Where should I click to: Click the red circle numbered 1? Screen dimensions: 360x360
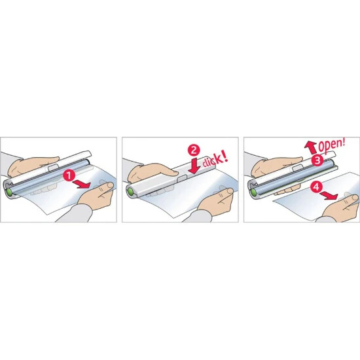click(69, 175)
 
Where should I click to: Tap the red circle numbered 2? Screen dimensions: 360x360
click(194, 151)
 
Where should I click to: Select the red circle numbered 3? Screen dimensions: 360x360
click(317, 160)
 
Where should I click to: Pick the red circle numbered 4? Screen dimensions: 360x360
click(316, 187)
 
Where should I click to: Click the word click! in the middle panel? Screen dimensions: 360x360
click(215, 159)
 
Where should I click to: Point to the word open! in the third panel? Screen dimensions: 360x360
click(332, 145)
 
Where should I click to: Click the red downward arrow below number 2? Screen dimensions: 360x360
click(194, 166)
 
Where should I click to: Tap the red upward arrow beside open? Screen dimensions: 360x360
click(310, 147)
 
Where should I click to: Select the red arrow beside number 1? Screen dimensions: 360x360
click(82, 184)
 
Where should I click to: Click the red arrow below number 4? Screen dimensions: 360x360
click(329, 196)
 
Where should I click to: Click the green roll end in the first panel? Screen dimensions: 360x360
click(9, 192)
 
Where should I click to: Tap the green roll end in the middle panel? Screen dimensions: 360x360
click(131, 191)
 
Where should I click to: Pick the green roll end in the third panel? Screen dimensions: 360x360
click(253, 192)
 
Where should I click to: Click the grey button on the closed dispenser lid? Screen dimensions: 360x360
click(181, 179)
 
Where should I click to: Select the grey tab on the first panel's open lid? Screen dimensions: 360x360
click(53, 168)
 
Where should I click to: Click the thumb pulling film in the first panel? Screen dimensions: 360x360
click(105, 187)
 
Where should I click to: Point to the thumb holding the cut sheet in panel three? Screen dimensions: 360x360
click(351, 198)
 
